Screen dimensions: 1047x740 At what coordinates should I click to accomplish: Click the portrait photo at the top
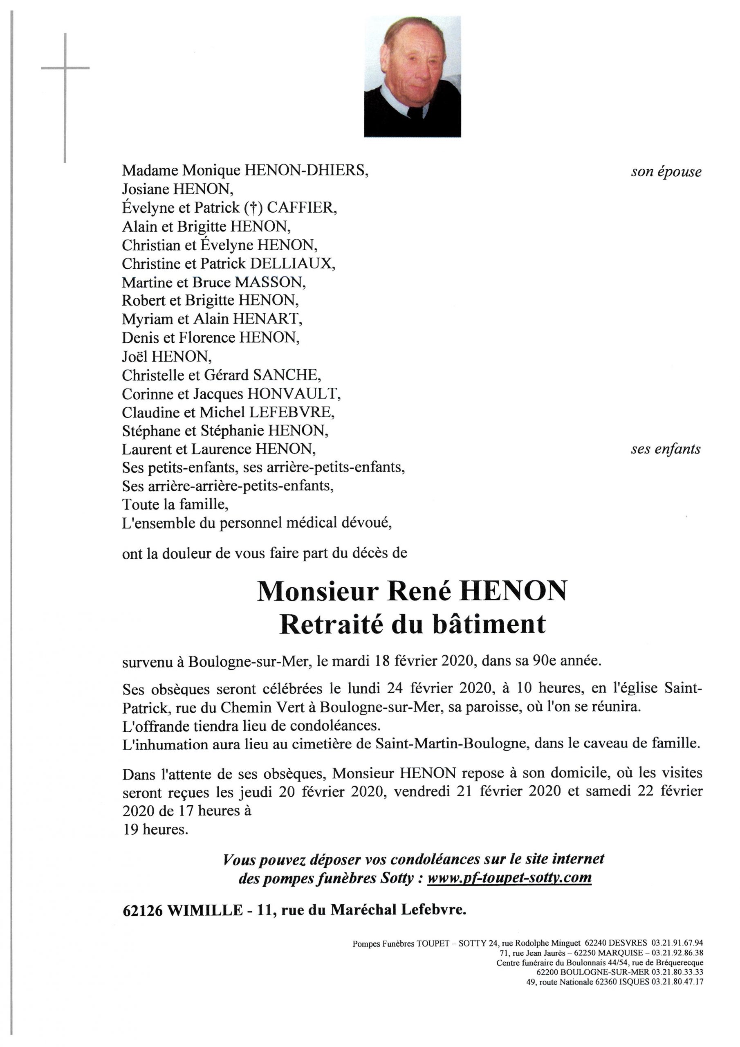pos(412,76)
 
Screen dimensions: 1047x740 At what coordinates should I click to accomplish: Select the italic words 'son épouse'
pos(666,172)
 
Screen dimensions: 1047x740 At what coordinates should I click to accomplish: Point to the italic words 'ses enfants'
pos(665,449)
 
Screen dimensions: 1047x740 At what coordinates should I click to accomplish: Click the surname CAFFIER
pos(301,208)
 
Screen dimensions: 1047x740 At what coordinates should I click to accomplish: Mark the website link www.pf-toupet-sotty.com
pos(509,877)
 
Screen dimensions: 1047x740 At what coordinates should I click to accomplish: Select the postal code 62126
pos(143,910)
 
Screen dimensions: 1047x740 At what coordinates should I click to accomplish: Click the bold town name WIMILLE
pos(206,910)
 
